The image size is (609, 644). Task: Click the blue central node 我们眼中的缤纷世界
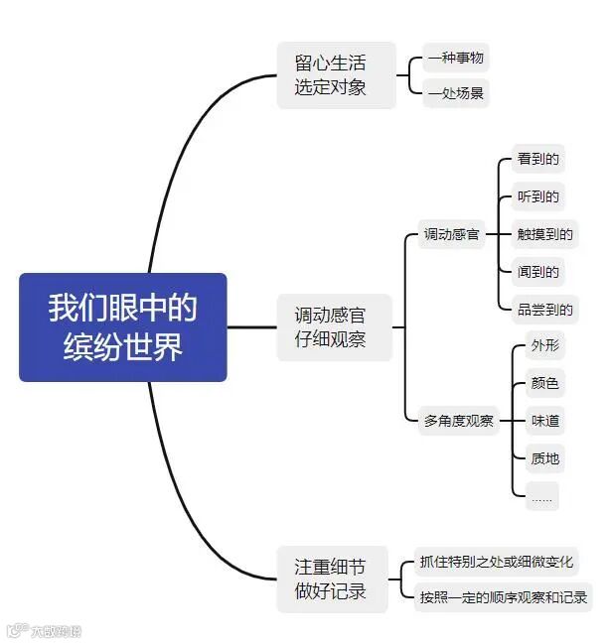(x=123, y=326)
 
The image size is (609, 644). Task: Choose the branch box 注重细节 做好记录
(x=332, y=580)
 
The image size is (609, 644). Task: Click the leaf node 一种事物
(x=456, y=58)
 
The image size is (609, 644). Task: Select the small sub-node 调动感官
(x=451, y=235)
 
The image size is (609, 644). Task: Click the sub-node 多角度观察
(x=458, y=421)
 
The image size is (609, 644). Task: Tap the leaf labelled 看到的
(x=538, y=159)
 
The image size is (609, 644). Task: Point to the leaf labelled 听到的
(x=538, y=196)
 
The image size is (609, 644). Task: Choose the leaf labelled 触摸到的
(x=544, y=235)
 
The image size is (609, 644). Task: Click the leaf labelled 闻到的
(x=538, y=272)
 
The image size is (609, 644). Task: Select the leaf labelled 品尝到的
(x=544, y=310)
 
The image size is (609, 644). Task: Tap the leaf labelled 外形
(x=545, y=346)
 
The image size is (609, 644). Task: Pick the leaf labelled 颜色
(x=545, y=383)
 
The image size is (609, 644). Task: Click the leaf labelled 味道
(x=545, y=421)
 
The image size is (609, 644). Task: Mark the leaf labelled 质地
(x=545, y=458)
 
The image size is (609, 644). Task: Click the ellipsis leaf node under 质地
(x=542, y=496)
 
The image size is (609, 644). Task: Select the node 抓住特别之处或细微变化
(x=496, y=562)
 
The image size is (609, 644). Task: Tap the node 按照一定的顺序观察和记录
(x=503, y=597)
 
